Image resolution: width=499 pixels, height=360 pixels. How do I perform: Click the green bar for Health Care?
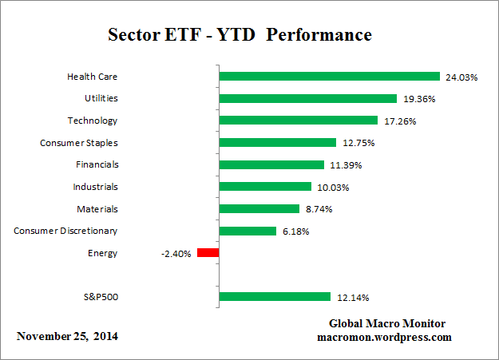click(x=329, y=77)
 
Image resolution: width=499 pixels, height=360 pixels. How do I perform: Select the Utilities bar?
click(x=307, y=99)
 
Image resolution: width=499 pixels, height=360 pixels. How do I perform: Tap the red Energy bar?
click(x=208, y=253)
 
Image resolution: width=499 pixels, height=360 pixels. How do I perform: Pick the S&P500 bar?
click(x=275, y=297)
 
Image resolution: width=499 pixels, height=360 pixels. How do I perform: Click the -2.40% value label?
click(x=176, y=254)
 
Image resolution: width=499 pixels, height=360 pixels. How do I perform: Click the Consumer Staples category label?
click(x=78, y=143)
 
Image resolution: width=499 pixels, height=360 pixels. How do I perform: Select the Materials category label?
click(x=97, y=209)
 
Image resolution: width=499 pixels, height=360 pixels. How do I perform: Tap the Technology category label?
click(x=93, y=121)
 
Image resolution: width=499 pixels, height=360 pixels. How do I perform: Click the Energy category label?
click(x=104, y=253)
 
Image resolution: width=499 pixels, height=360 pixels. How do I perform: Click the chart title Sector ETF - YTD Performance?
click(x=240, y=36)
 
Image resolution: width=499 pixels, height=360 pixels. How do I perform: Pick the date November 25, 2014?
click(x=67, y=336)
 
